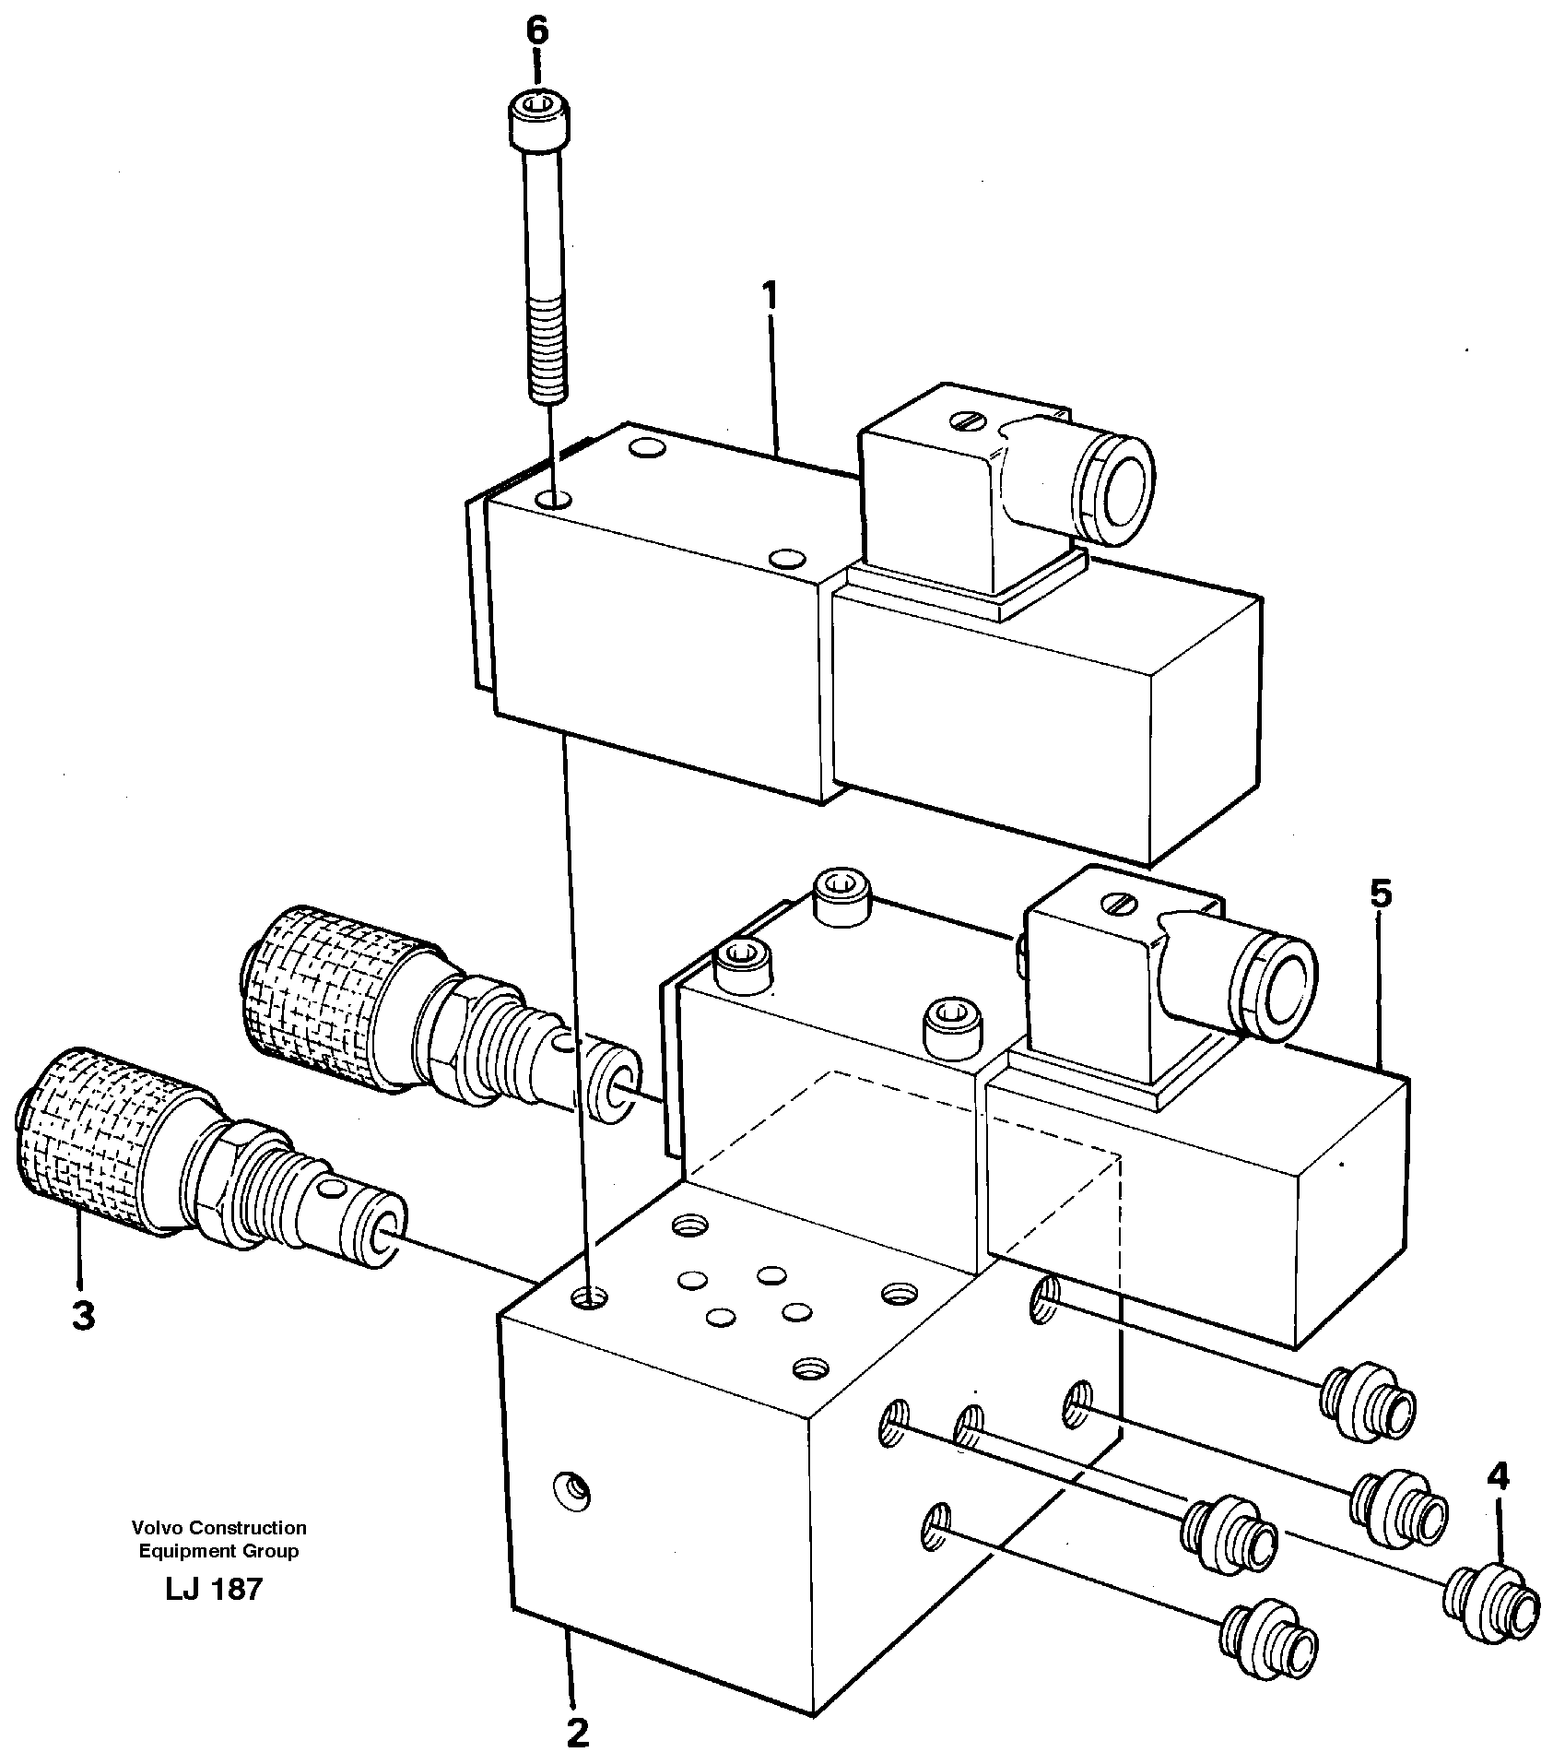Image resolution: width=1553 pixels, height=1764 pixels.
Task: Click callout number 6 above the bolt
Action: pos(536,32)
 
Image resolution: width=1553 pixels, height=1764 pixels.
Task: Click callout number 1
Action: pos(771,298)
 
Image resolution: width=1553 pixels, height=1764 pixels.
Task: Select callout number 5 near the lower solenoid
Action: pos(1380,894)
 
